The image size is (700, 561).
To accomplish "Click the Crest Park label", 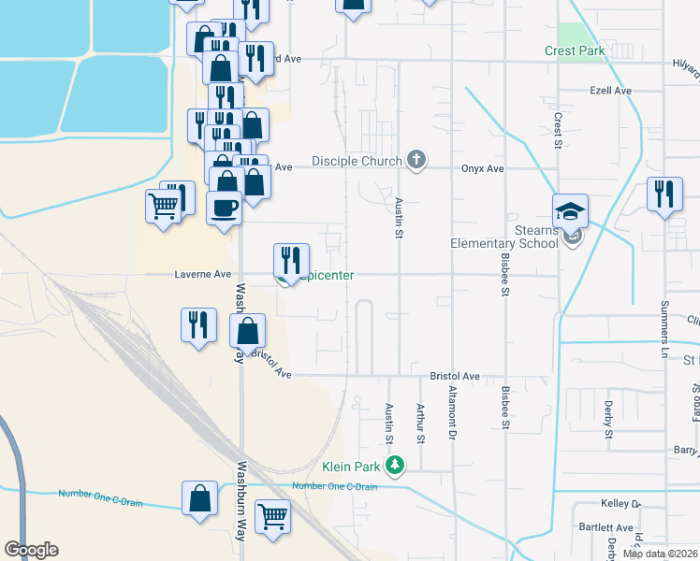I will coord(575,51).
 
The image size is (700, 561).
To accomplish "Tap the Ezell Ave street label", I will coord(611,91).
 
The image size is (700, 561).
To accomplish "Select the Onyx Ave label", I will coord(482,169).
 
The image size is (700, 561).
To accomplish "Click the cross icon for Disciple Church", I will coord(417,161).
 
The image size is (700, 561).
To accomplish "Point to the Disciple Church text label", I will coord(356,161).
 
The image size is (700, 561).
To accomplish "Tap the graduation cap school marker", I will coord(570,212).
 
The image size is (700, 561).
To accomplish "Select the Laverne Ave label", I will coord(203,275).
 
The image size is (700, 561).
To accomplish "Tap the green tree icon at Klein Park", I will coord(396,465).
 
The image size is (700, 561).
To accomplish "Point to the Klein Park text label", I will coord(352,466).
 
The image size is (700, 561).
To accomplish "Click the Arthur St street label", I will coord(420,424).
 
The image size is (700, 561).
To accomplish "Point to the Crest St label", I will coord(557,132).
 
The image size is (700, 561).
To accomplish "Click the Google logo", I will coord(31,549).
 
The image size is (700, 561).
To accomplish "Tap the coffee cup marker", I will coord(224,208).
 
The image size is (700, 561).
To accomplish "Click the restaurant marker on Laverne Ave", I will coord(290,260).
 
